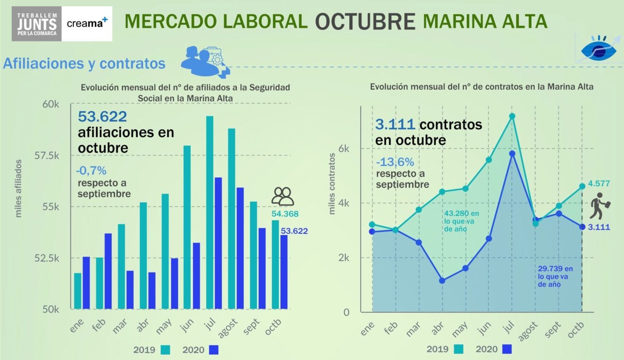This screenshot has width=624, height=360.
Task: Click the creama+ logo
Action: coord(87,23)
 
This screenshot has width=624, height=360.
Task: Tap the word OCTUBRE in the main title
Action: coord(365,21)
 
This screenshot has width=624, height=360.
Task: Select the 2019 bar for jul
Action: coord(209,213)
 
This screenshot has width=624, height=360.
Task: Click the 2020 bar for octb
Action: coord(284,272)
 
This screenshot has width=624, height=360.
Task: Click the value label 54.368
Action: coord(285,214)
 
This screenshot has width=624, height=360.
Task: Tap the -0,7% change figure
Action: coord(91,170)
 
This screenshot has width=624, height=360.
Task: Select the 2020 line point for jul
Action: coord(512,154)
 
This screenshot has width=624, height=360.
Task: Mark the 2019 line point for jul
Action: coord(512,116)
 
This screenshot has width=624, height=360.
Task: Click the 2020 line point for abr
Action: coord(442,281)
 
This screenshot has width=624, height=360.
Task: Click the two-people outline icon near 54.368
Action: coord(283,196)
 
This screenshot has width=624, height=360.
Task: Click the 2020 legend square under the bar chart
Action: coord(214,350)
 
